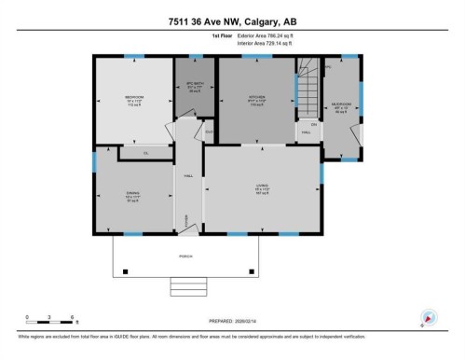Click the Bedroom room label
(133, 99)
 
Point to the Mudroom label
(341, 105)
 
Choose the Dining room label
(132, 198)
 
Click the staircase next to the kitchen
(308, 94)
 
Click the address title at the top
(232, 22)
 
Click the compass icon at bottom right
(429, 318)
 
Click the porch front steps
(185, 284)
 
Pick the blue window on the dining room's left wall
(94, 158)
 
